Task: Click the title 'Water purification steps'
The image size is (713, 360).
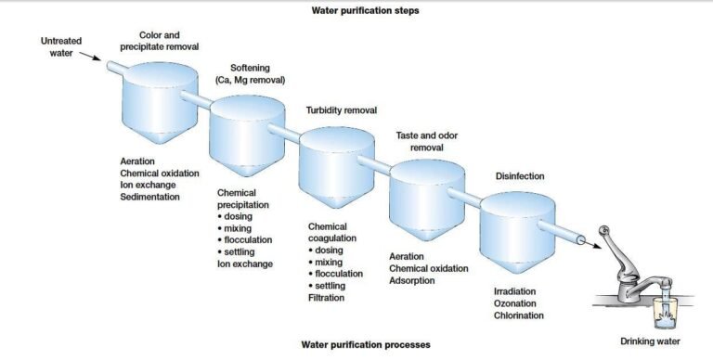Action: click(x=358, y=11)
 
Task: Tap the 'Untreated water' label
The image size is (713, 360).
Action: click(x=62, y=46)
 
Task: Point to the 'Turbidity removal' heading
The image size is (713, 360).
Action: click(x=342, y=110)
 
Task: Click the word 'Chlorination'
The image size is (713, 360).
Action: click(x=519, y=316)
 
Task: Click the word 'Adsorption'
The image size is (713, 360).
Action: click(x=412, y=280)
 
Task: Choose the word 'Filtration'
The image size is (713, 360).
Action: click(x=326, y=298)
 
